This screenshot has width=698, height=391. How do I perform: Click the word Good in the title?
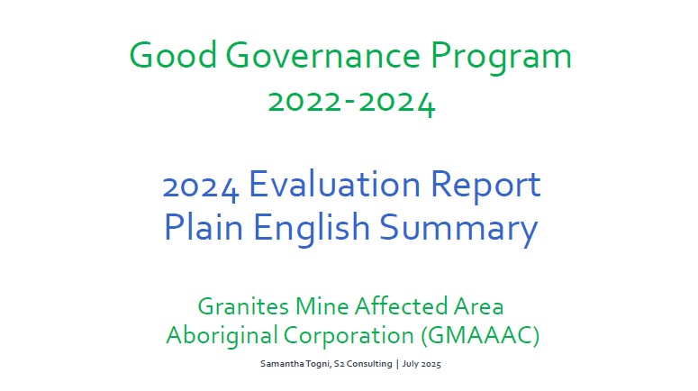(x=173, y=55)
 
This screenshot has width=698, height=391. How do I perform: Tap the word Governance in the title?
(x=323, y=55)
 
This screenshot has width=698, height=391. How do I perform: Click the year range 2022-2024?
(x=351, y=104)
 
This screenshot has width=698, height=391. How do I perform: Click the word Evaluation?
(x=334, y=184)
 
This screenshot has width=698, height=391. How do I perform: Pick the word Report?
(x=485, y=186)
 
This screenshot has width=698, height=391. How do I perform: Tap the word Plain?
(x=204, y=226)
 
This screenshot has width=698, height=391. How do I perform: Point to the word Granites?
(x=243, y=306)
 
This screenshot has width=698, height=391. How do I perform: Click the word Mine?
(x=322, y=306)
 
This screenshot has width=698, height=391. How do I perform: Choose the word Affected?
(x=401, y=306)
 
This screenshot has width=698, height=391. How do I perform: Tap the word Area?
(x=479, y=306)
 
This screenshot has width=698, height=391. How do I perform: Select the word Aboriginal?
(x=222, y=336)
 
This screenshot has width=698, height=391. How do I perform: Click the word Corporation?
(x=349, y=336)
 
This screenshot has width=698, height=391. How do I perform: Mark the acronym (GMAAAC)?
(x=480, y=335)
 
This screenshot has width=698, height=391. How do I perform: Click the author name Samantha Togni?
(x=295, y=364)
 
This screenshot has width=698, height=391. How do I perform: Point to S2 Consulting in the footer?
(x=363, y=364)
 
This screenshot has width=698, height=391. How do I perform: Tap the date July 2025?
(x=422, y=364)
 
